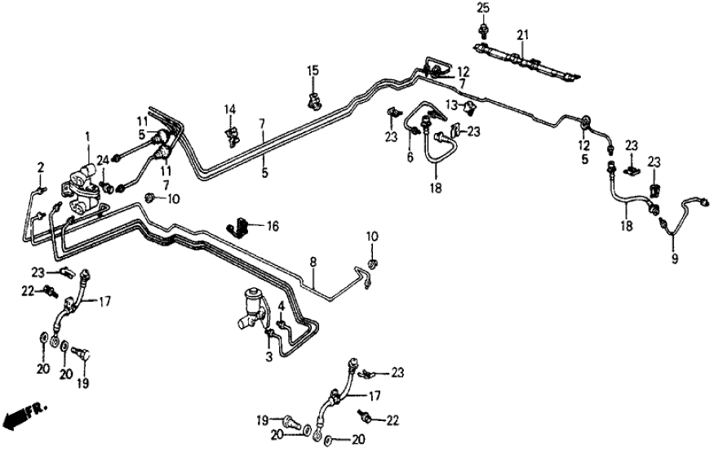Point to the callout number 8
click(312, 262)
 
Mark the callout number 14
click(230, 108)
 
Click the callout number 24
click(104, 160)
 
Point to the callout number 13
click(450, 103)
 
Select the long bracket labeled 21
click(526, 64)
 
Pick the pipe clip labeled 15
click(313, 101)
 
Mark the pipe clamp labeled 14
click(233, 134)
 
